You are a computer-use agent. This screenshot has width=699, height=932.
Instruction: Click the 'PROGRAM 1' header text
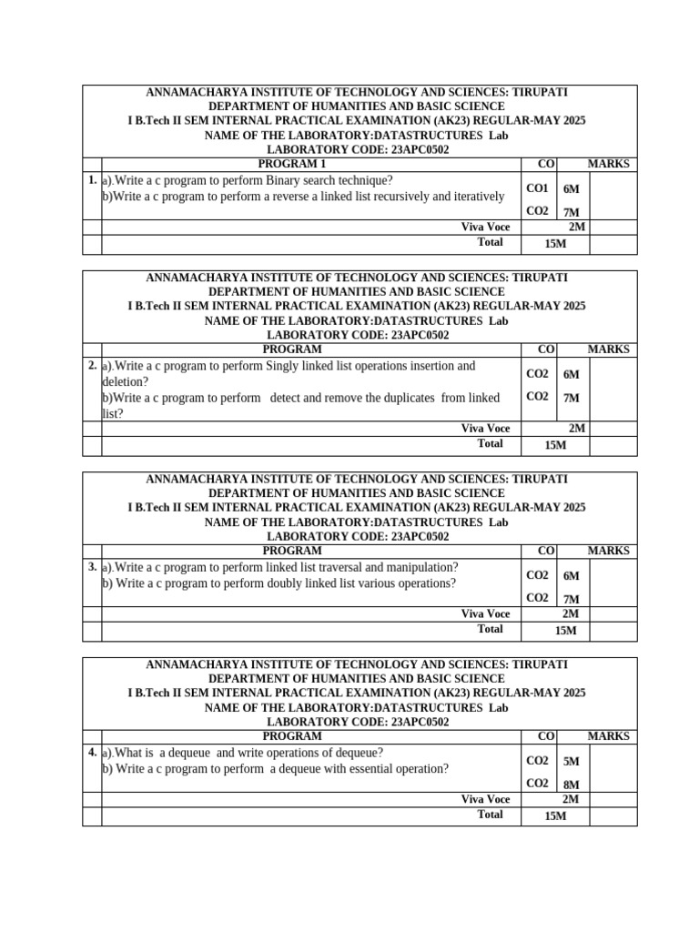[291, 164]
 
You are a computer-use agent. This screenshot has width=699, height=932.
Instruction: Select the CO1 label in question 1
[537, 188]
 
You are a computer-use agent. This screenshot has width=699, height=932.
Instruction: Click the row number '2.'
[92, 366]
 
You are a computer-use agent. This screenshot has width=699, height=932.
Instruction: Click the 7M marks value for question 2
[571, 399]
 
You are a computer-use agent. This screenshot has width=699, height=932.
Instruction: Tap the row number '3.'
[92, 567]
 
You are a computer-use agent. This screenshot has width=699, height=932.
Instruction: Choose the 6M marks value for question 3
[571, 576]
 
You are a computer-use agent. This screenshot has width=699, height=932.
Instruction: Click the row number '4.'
[92, 753]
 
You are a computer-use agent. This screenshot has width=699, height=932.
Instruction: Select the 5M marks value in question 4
[571, 762]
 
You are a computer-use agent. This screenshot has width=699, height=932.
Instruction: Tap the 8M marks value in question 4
[571, 785]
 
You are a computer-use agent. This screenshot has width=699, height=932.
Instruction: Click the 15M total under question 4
[554, 815]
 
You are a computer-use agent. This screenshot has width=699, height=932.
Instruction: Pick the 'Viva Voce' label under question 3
[485, 614]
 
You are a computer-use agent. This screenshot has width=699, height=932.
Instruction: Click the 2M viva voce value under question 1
[577, 227]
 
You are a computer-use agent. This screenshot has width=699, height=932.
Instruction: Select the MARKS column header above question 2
[608, 349]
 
